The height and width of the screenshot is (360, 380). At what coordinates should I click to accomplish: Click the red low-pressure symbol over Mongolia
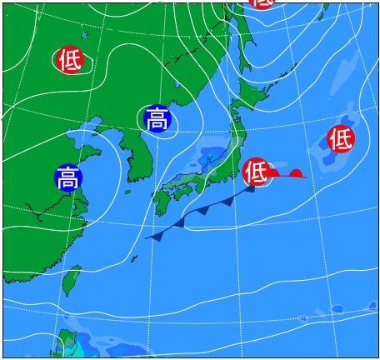[x=70, y=59]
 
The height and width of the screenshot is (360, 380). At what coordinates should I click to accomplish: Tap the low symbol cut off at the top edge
[x=261, y=2]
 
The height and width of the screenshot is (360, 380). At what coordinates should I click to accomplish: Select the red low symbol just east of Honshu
[x=256, y=172]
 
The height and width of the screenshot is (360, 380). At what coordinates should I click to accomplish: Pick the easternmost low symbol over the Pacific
[x=341, y=137]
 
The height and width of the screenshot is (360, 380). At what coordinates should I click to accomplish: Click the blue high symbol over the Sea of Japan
[x=157, y=119]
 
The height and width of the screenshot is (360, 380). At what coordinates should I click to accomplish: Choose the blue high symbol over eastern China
[x=68, y=177]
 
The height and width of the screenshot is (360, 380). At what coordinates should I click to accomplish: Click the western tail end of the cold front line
[x=147, y=238]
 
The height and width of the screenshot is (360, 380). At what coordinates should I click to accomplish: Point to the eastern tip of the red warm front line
[x=305, y=177]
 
